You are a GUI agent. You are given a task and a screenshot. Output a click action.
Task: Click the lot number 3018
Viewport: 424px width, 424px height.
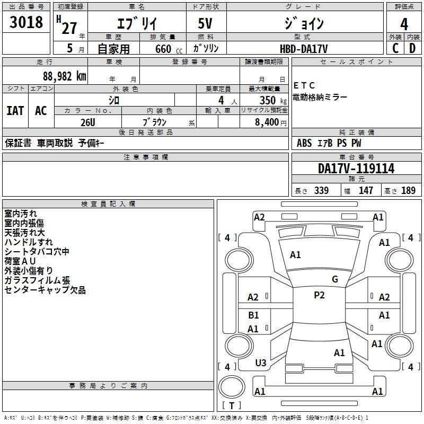(x=26, y=22)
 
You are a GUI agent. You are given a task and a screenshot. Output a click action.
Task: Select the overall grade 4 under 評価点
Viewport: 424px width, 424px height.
(x=404, y=24)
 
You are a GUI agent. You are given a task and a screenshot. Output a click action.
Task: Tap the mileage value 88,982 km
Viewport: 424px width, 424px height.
(x=64, y=76)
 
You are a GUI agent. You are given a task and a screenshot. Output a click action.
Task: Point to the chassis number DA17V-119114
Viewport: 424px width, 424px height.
(x=356, y=168)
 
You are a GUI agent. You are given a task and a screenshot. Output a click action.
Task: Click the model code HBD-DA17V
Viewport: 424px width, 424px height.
(x=304, y=49)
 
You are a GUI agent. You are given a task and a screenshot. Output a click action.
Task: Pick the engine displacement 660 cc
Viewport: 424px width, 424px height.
(x=169, y=49)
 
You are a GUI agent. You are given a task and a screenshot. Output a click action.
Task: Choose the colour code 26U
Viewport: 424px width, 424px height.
(x=87, y=122)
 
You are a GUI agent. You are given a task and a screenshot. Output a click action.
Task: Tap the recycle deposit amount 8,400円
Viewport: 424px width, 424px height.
(x=270, y=122)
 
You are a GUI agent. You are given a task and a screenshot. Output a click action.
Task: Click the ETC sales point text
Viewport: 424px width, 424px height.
(x=304, y=85)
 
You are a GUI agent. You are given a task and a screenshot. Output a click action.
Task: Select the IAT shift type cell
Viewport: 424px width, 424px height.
(x=15, y=111)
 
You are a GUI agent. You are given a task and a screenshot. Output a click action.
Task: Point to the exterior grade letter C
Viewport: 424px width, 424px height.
(x=395, y=48)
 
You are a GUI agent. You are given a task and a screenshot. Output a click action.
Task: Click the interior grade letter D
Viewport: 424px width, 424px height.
(x=412, y=48)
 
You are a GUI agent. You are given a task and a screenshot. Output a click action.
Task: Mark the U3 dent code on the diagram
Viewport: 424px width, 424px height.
(x=261, y=363)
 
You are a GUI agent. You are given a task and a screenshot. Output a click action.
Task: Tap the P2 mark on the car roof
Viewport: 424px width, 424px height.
(x=319, y=295)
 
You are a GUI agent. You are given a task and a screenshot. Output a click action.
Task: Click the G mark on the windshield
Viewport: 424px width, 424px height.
(x=335, y=279)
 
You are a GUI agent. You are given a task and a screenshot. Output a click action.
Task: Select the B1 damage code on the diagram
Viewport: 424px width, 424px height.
(x=253, y=315)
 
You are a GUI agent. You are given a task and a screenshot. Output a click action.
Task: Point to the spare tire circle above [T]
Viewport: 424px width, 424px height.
(x=232, y=387)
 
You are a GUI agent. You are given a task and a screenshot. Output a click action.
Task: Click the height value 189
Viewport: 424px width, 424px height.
(x=408, y=190)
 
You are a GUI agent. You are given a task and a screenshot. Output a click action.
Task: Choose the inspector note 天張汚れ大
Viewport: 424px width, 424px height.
(x=24, y=233)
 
